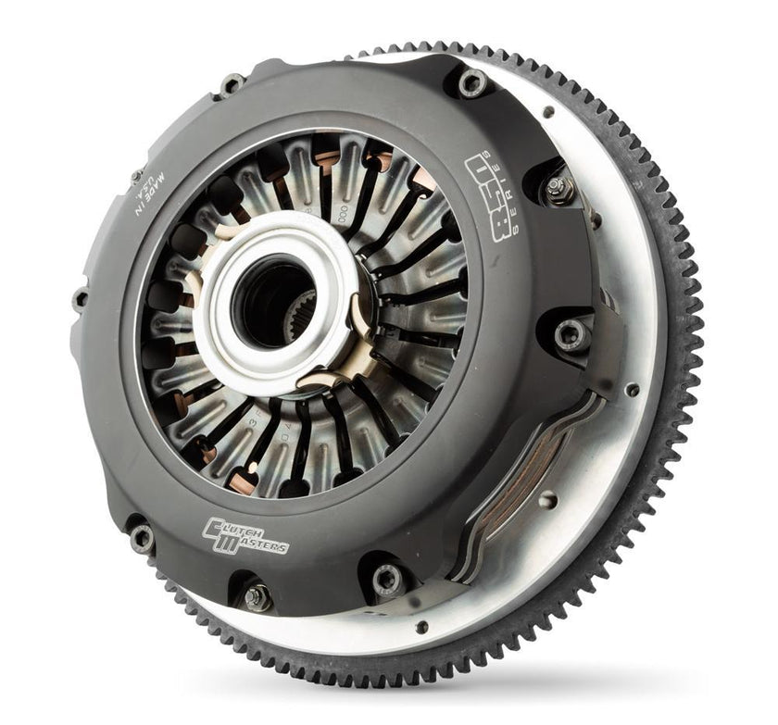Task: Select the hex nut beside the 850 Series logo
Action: click(557, 190)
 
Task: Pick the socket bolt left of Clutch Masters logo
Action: click(140, 534)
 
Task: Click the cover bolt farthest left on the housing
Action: click(81, 297)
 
